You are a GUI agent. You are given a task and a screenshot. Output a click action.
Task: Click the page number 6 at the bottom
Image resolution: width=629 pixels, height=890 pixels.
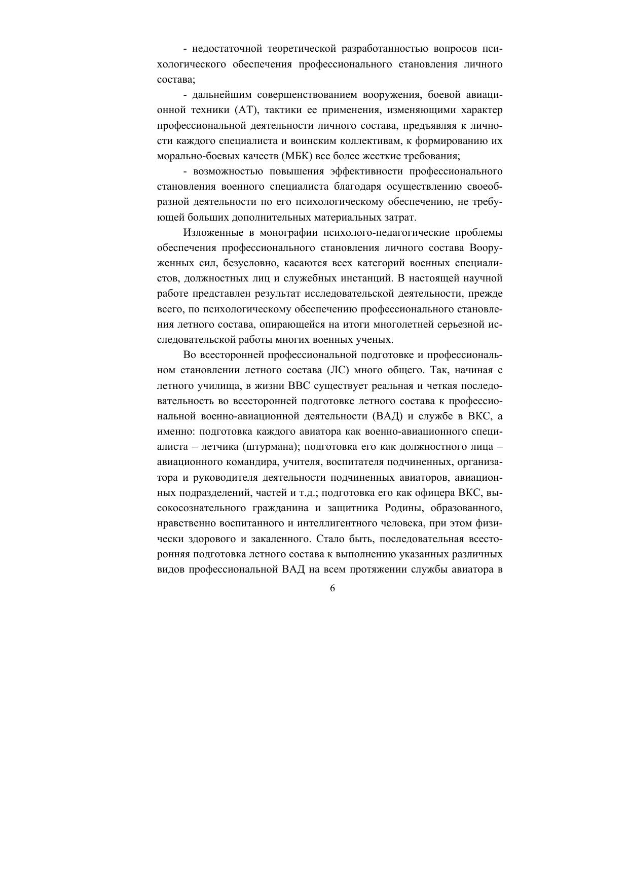[x=332, y=588]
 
